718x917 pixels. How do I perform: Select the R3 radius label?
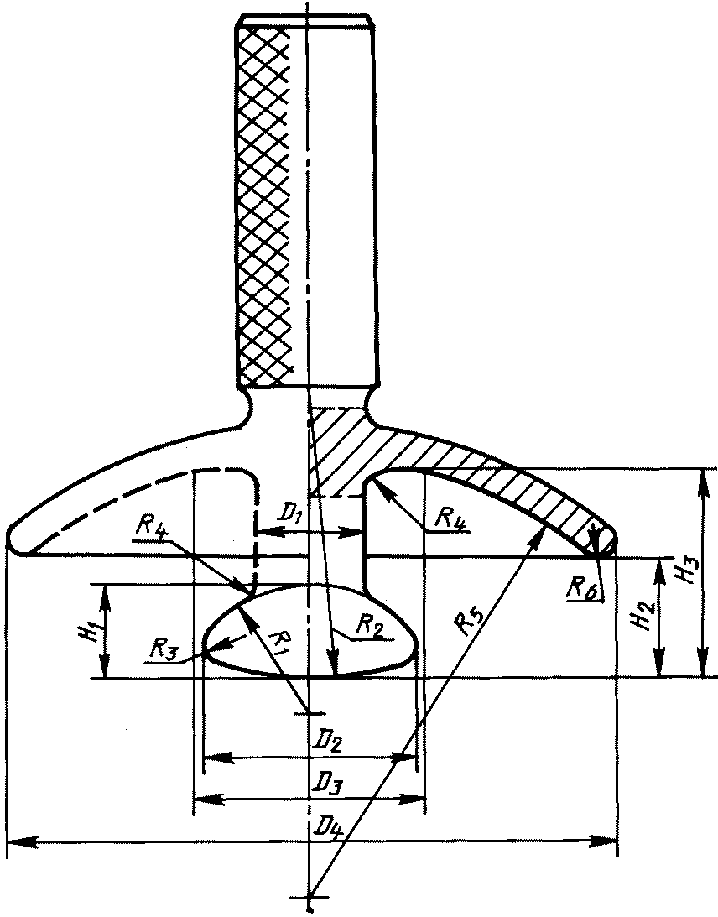click(164, 647)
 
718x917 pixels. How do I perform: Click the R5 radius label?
click(471, 626)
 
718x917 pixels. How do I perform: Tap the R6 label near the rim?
click(580, 587)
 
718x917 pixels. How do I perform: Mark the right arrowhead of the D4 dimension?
click(607, 840)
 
